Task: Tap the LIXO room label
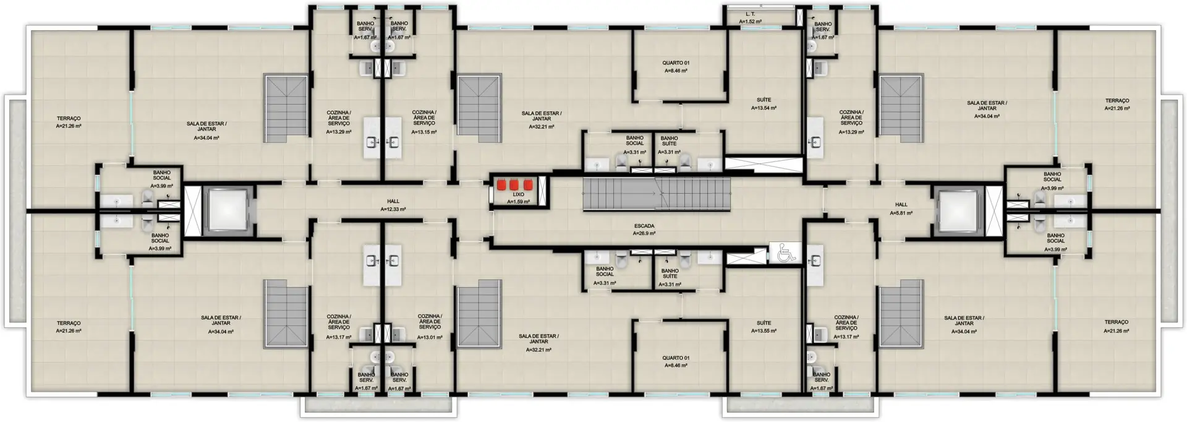pos(518,194)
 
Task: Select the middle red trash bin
pos(514,184)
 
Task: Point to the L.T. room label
pos(750,14)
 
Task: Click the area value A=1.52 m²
pos(750,22)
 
